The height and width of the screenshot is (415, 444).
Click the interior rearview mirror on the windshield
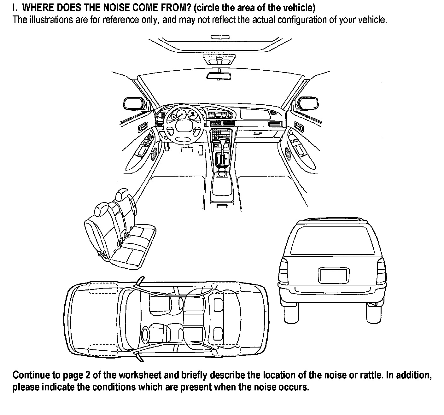[x=219, y=76]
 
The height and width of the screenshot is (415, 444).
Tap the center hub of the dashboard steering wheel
[x=182, y=126]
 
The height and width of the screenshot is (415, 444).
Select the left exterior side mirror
[x=134, y=103]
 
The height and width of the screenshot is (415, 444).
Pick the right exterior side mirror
[x=308, y=103]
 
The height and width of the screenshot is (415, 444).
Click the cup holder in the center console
[x=222, y=172]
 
